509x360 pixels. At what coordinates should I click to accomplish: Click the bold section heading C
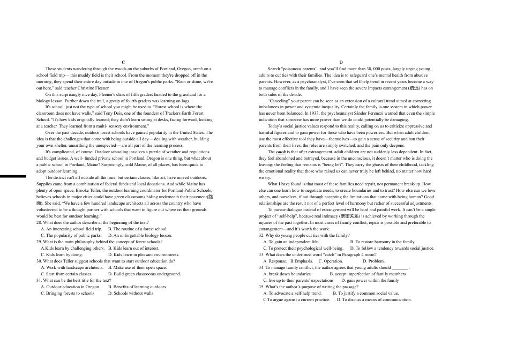click(x=123, y=63)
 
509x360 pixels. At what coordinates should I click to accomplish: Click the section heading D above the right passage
click(x=341, y=63)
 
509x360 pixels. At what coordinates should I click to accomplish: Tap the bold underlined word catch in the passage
click(x=281, y=152)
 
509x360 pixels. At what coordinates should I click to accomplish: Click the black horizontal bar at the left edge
click(x=13, y=176)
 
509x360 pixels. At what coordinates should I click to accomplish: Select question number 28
click(x=39, y=222)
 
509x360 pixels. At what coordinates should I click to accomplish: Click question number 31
click(x=39, y=280)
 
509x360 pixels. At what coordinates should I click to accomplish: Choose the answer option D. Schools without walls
click(x=131, y=293)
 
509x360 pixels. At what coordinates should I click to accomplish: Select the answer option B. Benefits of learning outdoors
click(x=137, y=287)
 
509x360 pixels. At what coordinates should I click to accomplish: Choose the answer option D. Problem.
click(x=373, y=261)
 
